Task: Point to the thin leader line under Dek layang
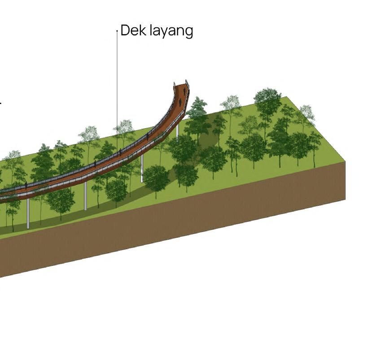[117, 90]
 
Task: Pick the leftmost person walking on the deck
[26, 185]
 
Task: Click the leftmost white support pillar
[28, 213]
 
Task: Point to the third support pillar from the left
[142, 168]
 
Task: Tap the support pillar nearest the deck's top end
[178, 131]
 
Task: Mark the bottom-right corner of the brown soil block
[346, 199]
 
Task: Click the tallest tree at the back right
[268, 103]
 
